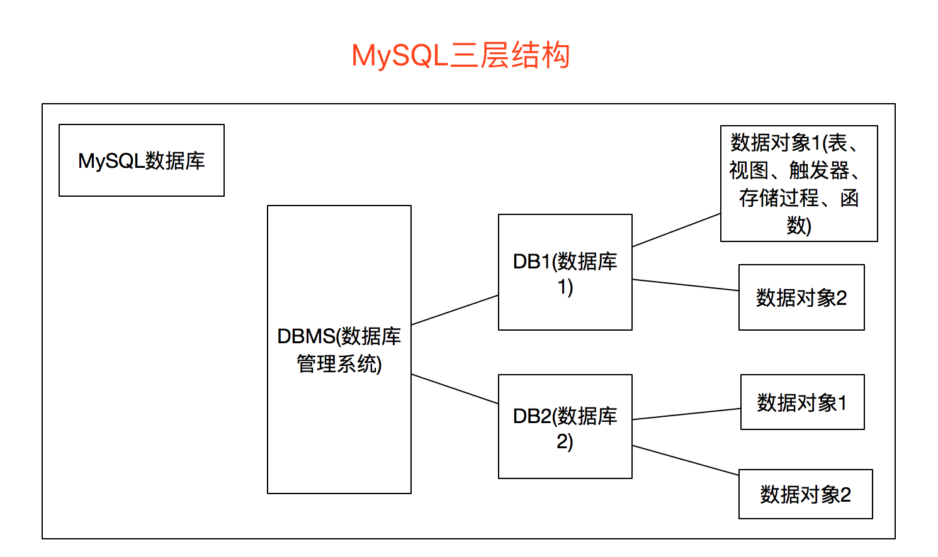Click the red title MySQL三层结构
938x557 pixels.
(x=460, y=55)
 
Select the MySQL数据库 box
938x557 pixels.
(x=142, y=160)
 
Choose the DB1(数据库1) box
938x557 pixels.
(x=565, y=272)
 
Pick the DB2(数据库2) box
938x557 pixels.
(x=565, y=427)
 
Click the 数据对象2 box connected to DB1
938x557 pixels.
(x=801, y=297)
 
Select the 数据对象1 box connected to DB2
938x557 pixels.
(x=802, y=402)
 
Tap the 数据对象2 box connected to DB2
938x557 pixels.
(x=805, y=494)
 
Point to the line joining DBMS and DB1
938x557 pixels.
(x=455, y=310)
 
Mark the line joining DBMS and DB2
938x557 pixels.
(x=455, y=389)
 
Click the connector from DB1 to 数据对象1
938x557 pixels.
(x=676, y=230)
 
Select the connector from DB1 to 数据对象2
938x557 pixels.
(x=685, y=285)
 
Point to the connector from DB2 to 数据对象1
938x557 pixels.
(x=686, y=414)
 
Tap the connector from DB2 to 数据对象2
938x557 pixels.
(x=685, y=460)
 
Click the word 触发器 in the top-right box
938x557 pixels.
(x=819, y=170)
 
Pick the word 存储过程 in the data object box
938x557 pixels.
(x=779, y=198)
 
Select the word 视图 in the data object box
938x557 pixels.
(x=749, y=170)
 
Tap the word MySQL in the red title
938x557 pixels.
(x=400, y=55)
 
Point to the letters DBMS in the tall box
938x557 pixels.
(x=307, y=336)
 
